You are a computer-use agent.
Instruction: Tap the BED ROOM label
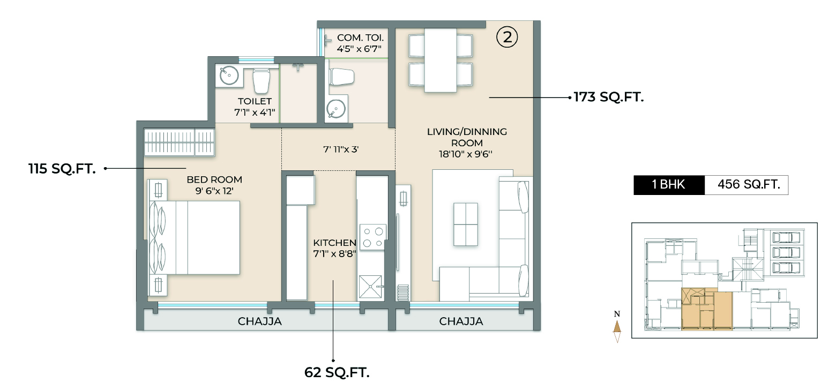(x=214, y=185)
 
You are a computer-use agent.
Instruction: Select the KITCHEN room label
(x=334, y=248)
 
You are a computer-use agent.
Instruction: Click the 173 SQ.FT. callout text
(x=608, y=97)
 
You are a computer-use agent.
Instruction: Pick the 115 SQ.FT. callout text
(x=62, y=169)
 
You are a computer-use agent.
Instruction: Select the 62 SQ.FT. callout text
(x=337, y=372)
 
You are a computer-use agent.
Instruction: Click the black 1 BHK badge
(x=668, y=185)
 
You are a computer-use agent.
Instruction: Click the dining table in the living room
(x=441, y=60)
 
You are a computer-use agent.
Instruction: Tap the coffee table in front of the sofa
(x=465, y=224)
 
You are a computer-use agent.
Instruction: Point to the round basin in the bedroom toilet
(x=229, y=76)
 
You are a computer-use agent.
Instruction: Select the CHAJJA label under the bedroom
(x=259, y=322)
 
